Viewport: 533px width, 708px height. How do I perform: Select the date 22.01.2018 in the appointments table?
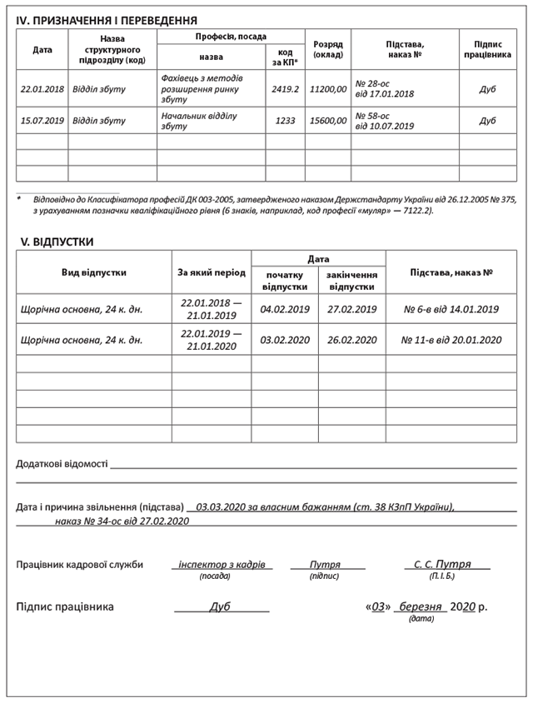(x=42, y=89)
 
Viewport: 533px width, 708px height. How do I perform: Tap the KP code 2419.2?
(x=285, y=89)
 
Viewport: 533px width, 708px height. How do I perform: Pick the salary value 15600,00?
(x=327, y=121)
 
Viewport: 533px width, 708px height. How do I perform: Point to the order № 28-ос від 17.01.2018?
(x=385, y=89)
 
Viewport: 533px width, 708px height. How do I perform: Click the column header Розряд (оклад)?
(x=327, y=49)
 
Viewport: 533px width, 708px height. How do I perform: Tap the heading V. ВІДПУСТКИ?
(x=57, y=242)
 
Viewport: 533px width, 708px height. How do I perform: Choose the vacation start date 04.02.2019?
(x=285, y=309)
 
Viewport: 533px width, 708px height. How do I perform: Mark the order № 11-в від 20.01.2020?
(x=451, y=340)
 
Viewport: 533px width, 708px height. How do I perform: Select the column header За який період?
(x=211, y=272)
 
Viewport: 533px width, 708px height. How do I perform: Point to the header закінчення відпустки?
(x=351, y=280)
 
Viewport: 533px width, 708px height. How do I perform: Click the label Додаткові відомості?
(x=62, y=464)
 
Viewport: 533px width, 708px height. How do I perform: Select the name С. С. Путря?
(x=442, y=564)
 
